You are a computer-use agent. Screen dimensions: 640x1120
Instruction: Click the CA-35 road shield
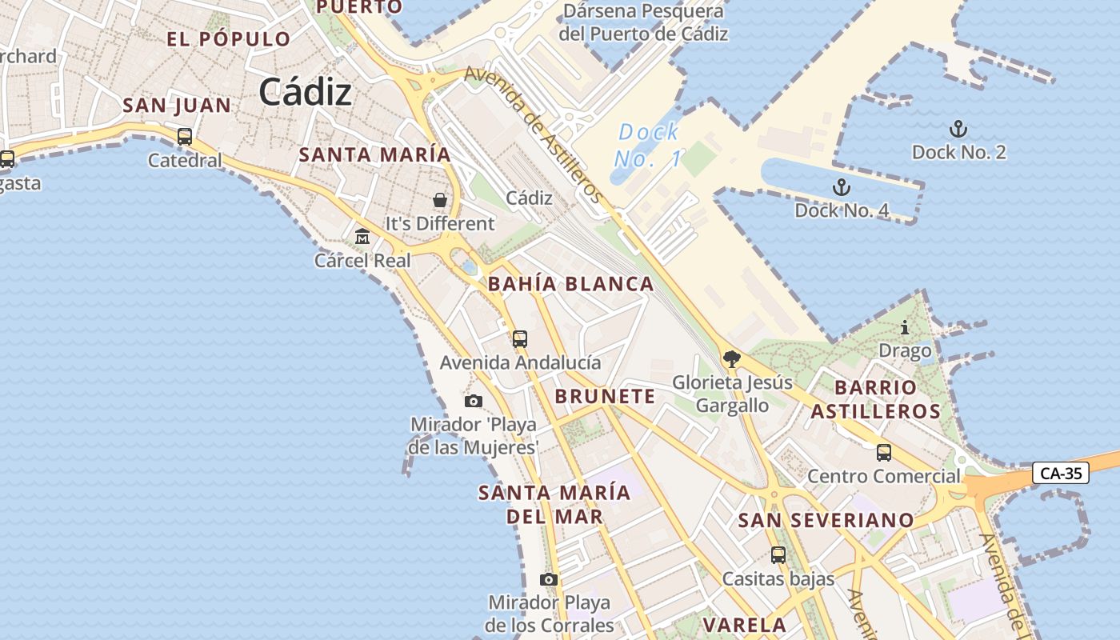[x=1061, y=473]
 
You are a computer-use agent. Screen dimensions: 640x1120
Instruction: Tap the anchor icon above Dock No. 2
[x=958, y=129]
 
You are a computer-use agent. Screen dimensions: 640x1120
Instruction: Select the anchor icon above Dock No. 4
[x=841, y=187]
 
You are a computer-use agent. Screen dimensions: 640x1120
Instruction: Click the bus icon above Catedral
[x=185, y=137]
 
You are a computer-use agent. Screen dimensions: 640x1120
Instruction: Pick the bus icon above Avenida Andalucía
[x=520, y=338]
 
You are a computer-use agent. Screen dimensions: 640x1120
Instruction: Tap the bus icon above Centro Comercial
[x=883, y=453]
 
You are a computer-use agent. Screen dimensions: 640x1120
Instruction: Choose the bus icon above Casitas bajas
[x=778, y=554]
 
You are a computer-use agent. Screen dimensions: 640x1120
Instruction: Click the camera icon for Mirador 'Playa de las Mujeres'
[x=474, y=401]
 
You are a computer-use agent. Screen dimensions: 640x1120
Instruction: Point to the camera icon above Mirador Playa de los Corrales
[x=549, y=579]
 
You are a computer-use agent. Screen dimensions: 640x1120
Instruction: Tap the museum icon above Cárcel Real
[x=362, y=237]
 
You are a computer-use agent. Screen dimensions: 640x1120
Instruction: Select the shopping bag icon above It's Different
[x=440, y=199]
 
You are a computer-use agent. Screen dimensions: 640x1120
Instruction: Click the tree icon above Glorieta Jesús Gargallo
[x=731, y=358]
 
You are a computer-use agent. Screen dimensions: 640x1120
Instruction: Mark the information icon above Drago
[x=905, y=327]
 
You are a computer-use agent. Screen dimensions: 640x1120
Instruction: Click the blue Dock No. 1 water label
[x=648, y=145]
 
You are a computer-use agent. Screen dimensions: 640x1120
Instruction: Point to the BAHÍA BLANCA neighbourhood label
[x=571, y=284]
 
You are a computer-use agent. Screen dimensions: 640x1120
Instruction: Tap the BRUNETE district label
[x=605, y=396]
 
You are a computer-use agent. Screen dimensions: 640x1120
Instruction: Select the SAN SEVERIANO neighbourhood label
[x=826, y=520]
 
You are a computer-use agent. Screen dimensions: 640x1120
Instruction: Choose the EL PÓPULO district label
[x=229, y=39]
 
